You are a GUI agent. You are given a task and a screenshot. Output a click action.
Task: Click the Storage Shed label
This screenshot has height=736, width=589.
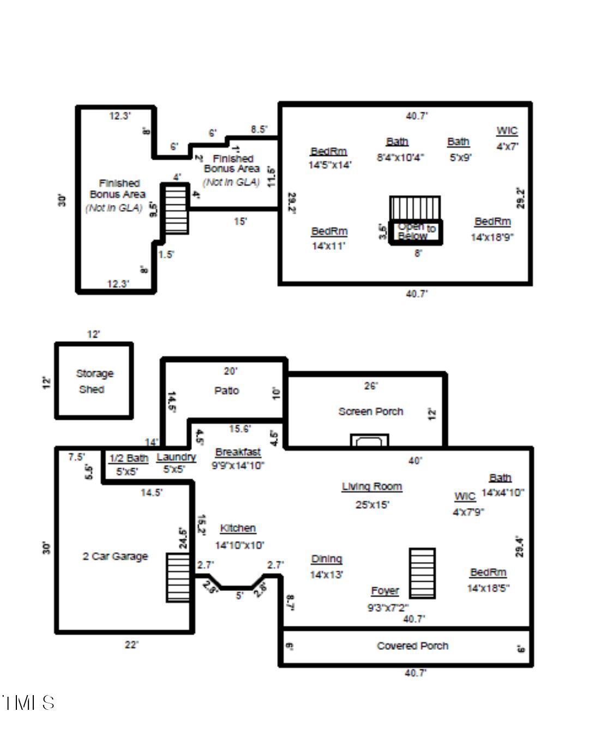tap(94, 381)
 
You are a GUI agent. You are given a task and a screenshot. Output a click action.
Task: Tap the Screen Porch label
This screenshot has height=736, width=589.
tap(370, 412)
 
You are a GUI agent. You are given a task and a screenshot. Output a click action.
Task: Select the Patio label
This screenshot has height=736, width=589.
tap(226, 390)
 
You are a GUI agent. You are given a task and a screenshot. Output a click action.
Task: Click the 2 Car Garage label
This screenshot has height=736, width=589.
tap(115, 556)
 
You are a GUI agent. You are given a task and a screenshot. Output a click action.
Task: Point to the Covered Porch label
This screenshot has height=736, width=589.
tap(412, 645)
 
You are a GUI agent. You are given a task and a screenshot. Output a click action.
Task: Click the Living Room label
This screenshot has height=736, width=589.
tap(372, 486)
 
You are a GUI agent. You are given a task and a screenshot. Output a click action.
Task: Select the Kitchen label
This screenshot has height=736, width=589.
tap(238, 528)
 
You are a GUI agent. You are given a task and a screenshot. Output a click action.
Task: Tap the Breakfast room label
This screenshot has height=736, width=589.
tap(238, 452)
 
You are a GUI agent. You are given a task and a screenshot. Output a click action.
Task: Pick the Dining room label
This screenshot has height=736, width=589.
tap(326, 559)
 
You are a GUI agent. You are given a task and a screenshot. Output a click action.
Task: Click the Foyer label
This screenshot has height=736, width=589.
tap(384, 591)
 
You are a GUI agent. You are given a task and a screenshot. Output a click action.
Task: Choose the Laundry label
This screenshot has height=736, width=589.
tap(176, 457)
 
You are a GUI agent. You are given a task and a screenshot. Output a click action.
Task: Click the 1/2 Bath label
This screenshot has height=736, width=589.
tap(128, 458)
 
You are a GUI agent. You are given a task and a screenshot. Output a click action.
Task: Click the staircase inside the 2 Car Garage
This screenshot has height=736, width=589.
tap(178, 577)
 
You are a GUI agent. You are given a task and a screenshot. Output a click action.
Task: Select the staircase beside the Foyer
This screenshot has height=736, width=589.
tap(423, 573)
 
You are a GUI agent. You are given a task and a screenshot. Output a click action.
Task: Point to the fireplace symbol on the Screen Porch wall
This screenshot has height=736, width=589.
tap(369, 441)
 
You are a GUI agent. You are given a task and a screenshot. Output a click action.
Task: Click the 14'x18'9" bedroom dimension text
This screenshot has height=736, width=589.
tap(492, 237)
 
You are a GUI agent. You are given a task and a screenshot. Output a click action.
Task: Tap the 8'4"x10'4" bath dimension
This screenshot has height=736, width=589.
tap(400, 158)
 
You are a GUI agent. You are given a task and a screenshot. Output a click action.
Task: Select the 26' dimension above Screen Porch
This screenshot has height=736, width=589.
tap(370, 386)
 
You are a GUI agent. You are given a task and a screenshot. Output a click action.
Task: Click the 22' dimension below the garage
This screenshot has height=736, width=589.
tap(131, 644)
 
